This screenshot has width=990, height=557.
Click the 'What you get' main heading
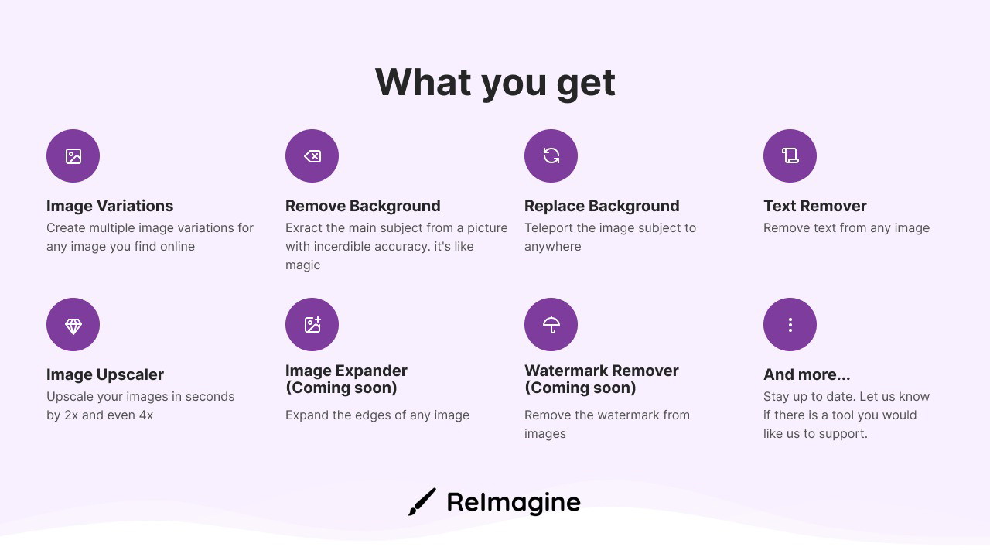tap(495, 83)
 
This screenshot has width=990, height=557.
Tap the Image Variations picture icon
tap(73, 156)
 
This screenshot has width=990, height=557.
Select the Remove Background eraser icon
tap(312, 156)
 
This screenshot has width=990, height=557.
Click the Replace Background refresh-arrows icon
tap(551, 155)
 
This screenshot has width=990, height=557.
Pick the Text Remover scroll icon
tap(790, 155)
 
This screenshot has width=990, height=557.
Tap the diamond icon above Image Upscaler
tap(73, 326)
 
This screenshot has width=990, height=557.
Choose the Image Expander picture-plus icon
tap(312, 324)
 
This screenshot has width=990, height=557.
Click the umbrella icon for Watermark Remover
tap(551, 325)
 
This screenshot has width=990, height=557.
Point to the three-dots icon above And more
tap(790, 325)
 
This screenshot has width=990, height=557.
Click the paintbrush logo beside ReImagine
tap(422, 502)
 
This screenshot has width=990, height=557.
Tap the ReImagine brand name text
tap(514, 503)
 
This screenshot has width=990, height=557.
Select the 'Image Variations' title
tap(110, 206)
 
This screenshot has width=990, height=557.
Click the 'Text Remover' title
tap(815, 206)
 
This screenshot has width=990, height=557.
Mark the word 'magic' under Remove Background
tap(302, 265)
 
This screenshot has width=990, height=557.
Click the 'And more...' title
tap(807, 374)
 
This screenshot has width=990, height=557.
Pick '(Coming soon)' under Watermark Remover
tap(580, 388)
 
